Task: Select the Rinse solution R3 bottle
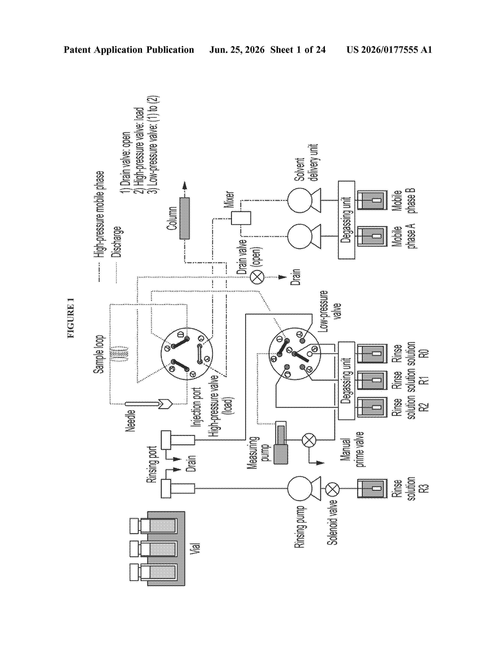372,488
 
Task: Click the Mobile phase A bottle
372,236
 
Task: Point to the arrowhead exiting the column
185,185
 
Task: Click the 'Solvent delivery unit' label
306,162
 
